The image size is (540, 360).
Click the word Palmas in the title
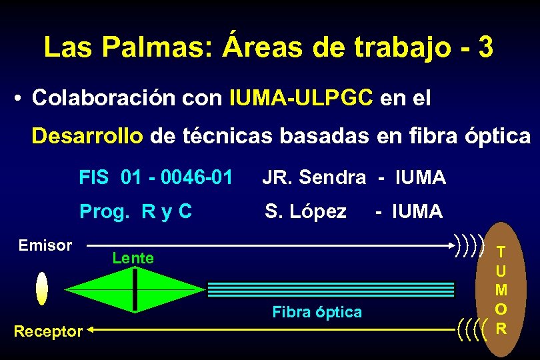[x=157, y=47]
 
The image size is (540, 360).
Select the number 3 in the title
[x=485, y=47]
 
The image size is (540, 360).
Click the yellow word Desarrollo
[x=87, y=136]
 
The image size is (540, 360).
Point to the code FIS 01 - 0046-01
[x=155, y=177]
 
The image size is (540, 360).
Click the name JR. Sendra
[x=313, y=177]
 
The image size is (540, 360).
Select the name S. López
[x=305, y=211]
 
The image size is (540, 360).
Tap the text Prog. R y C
[x=135, y=211]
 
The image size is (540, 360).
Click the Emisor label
[x=45, y=245]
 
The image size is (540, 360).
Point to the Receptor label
[x=49, y=330]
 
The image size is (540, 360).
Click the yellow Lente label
[x=133, y=257]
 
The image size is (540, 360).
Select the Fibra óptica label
[x=317, y=311]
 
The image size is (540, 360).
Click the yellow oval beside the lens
[x=42, y=288]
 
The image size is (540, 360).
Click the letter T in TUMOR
[x=501, y=251]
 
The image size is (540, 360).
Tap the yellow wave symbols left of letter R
[x=473, y=327]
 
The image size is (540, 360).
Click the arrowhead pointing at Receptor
[x=92, y=329]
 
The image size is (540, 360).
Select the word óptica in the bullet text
[x=497, y=136]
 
